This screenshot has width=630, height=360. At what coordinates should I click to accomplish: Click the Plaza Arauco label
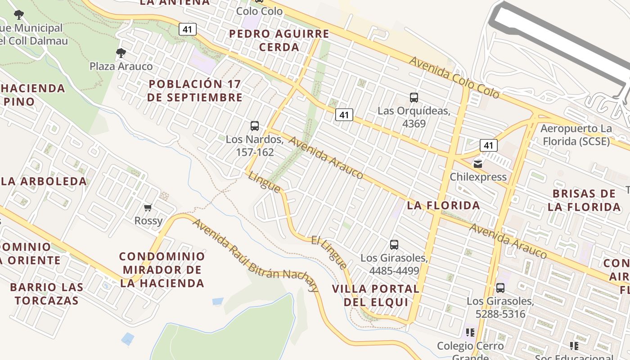[x=121, y=66]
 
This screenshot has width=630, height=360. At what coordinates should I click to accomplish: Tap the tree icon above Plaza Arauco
[x=121, y=53]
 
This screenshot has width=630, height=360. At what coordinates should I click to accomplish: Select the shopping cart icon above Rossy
[x=148, y=207]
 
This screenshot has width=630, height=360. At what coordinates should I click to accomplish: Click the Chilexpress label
[x=478, y=176]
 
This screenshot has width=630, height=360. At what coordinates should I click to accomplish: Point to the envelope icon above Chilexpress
[x=478, y=164]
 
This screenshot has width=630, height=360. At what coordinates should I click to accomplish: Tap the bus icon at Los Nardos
[x=255, y=126]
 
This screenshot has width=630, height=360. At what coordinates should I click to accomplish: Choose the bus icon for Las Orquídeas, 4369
[x=414, y=97]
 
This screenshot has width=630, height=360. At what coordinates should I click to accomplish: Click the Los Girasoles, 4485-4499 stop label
[x=394, y=264]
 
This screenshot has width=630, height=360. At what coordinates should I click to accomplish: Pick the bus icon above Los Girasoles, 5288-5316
[x=500, y=288]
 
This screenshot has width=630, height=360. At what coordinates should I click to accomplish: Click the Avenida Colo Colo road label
[x=454, y=77]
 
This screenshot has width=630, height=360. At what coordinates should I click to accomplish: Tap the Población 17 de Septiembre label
[x=194, y=90]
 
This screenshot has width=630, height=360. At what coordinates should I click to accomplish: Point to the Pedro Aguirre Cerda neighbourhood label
[x=279, y=40]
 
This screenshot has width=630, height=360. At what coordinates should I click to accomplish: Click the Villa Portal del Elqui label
[x=375, y=295]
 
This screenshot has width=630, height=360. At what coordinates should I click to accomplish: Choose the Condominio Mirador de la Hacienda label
[x=162, y=270]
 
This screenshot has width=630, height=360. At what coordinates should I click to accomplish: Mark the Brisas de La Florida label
[x=584, y=200]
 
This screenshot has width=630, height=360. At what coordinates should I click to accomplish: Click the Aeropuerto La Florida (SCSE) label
[x=576, y=135]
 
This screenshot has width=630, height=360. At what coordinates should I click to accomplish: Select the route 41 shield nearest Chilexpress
[x=488, y=145]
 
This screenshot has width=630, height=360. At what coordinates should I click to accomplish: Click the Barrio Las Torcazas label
[x=46, y=293]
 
